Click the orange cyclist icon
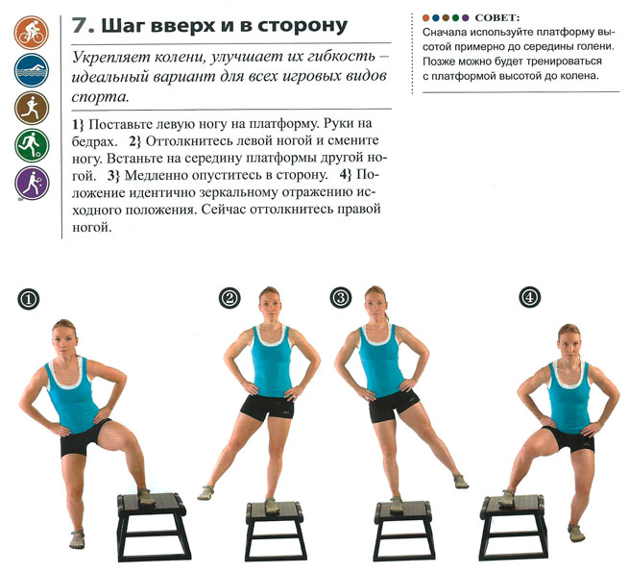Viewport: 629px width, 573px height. pyautogui.click(x=32, y=33)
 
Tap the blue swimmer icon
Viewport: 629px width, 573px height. pyautogui.click(x=32, y=70)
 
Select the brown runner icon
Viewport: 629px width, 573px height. pyautogui.click(x=32, y=108)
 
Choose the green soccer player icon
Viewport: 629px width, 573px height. pyautogui.click(x=32, y=145)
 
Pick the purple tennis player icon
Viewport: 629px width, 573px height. pyautogui.click(x=32, y=183)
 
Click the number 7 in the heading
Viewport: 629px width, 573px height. pyautogui.click(x=80, y=26)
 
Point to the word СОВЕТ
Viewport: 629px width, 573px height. pyautogui.click(x=497, y=18)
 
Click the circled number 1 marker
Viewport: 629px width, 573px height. pyautogui.click(x=29, y=299)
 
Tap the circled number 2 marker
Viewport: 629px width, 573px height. pyautogui.click(x=230, y=298)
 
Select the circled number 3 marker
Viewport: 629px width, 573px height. pyautogui.click(x=341, y=298)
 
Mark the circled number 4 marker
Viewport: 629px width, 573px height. pyautogui.click(x=529, y=297)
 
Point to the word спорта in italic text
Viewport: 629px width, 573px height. pyautogui.click(x=100, y=97)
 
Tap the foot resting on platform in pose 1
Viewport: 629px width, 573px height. pyautogui.click(x=146, y=497)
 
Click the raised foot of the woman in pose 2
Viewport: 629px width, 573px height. pyautogui.click(x=206, y=492)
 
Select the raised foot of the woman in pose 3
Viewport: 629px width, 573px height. pyautogui.click(x=461, y=481)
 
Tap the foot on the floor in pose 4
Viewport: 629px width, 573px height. pyautogui.click(x=576, y=533)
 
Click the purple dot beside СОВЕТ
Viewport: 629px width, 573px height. pyautogui.click(x=466, y=18)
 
